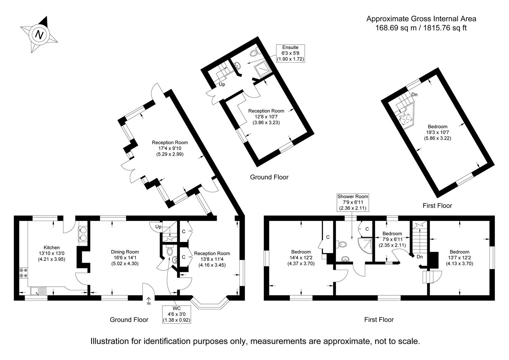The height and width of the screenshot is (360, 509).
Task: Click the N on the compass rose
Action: pos(40,35)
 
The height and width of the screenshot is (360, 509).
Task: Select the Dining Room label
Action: pos(125,258)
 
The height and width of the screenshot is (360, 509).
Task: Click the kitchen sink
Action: pos(38,291)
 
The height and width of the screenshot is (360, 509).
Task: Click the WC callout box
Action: pos(176,314)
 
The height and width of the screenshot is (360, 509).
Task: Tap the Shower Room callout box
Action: pos(353,202)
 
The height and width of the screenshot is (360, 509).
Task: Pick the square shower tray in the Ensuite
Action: pos(262,70)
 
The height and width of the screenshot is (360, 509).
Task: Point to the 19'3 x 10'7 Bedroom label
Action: pos(437,132)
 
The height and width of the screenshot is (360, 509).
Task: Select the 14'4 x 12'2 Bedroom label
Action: pos(301,258)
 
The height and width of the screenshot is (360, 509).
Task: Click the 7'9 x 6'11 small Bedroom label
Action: pos(392,239)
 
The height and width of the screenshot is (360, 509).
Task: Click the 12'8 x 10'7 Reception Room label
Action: pos(266,117)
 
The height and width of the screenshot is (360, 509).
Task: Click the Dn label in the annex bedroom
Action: pos(414,95)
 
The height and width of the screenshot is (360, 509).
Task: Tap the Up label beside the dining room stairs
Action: pos(158,227)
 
